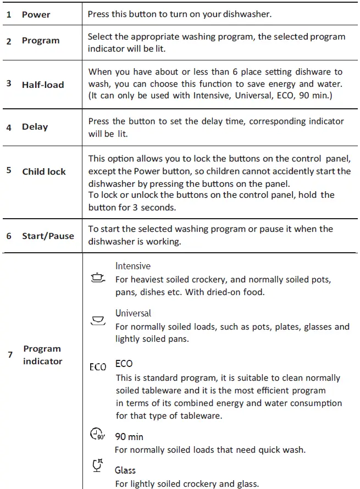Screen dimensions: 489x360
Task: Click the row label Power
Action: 36,14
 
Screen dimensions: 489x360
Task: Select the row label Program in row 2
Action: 41,41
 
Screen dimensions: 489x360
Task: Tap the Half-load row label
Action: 43,85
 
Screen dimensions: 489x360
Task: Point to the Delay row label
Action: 35,127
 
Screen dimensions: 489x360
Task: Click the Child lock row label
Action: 44,171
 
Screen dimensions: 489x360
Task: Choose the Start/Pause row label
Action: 48,236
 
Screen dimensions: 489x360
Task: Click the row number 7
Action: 10,355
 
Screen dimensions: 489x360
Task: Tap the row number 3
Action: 9,84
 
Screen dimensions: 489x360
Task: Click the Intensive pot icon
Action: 98,279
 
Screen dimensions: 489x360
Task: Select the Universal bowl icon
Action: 98,321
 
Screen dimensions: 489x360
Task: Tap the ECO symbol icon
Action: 98,366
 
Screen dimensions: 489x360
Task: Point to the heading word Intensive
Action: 132,266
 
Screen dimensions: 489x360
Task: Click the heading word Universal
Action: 133,313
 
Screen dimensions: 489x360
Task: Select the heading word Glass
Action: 125,470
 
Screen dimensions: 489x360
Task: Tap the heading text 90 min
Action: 129,437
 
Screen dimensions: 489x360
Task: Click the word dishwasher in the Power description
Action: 247,14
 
